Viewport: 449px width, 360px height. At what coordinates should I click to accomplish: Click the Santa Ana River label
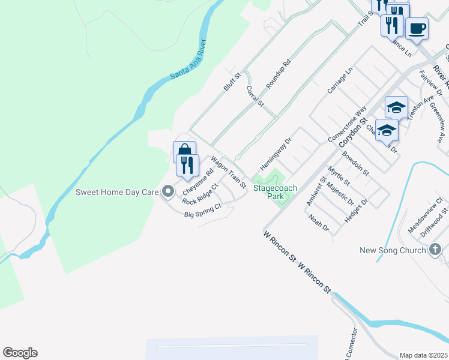[188, 60]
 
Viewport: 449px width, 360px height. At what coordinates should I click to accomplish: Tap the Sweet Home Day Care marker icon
[169, 192]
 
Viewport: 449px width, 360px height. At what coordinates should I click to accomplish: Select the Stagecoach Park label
[275, 192]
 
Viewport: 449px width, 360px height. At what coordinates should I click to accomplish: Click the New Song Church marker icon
[436, 250]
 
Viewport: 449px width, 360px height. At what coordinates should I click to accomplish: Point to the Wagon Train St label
[228, 173]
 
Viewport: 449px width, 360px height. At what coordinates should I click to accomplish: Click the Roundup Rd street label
[278, 74]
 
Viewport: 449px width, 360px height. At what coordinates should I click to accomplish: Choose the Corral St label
[255, 96]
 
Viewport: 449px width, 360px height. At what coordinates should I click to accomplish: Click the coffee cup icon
[417, 28]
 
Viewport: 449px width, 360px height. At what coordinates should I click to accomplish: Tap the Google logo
[20, 353]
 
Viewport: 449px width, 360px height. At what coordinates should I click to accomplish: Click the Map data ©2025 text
[423, 355]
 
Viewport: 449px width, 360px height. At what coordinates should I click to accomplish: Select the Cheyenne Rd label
[198, 181]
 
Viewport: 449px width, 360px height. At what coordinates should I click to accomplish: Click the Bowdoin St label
[355, 163]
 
